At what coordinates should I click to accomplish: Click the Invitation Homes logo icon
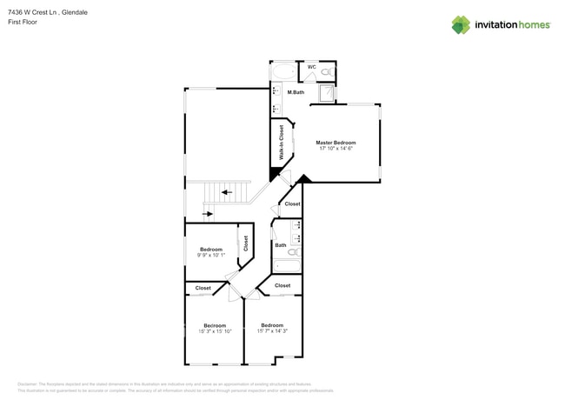point(461,24)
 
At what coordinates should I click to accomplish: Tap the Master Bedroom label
point(336,143)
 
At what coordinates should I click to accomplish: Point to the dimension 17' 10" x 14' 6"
point(336,149)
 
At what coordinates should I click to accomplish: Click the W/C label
point(311,67)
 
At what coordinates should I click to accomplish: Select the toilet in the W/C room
point(327,72)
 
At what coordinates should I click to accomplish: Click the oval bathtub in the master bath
point(283,71)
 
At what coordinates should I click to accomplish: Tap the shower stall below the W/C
point(327,93)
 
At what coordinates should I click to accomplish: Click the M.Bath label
point(296,92)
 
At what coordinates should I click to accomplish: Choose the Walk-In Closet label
point(282,142)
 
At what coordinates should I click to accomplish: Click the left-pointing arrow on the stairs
point(226,192)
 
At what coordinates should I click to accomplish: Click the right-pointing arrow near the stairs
point(209,213)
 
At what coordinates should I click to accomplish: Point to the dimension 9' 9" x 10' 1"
point(211,256)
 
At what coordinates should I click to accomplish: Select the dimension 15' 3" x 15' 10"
point(215,331)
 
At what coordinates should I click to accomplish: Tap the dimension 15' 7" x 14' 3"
point(272,331)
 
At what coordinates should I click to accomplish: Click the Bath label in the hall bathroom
point(281,245)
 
